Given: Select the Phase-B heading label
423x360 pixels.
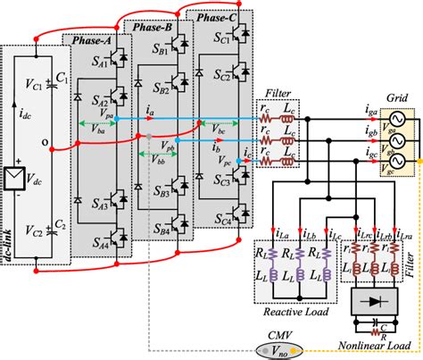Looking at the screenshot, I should tap(153, 28).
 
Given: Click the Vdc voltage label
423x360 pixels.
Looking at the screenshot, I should tap(38, 167).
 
